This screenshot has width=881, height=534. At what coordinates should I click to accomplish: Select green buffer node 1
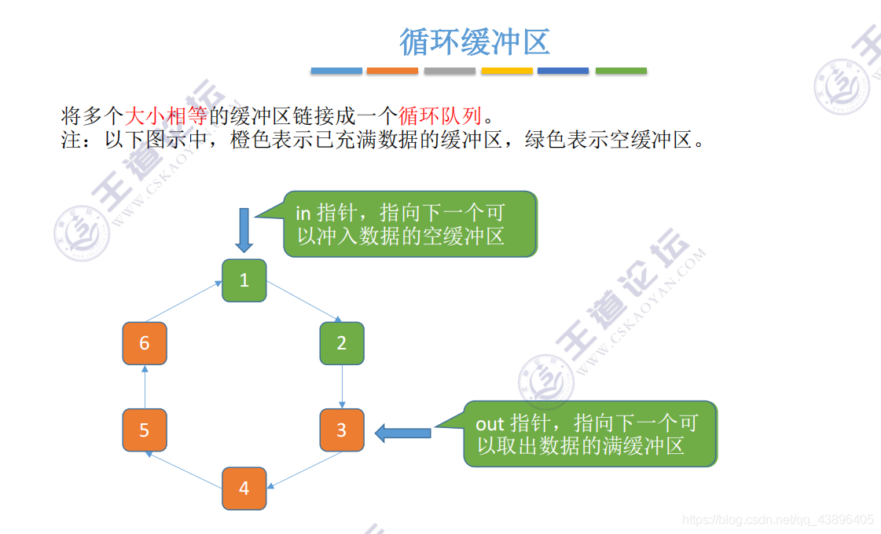(x=244, y=280)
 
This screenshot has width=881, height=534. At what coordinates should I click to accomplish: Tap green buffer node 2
(x=342, y=343)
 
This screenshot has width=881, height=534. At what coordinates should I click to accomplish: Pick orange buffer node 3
(x=342, y=430)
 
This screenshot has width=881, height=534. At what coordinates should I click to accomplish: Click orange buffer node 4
(x=244, y=488)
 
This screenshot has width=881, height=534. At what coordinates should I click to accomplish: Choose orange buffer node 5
(x=145, y=430)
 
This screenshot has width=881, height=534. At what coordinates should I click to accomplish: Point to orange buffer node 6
(x=145, y=343)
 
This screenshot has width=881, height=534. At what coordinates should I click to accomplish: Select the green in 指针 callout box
(x=409, y=225)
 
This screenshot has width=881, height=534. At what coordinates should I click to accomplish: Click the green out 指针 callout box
(x=589, y=434)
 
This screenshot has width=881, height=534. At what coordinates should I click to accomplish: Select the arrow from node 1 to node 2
(x=305, y=302)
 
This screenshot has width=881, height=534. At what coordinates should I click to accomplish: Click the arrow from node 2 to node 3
(x=342, y=386)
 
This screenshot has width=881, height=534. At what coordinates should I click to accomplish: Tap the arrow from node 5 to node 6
(x=145, y=386)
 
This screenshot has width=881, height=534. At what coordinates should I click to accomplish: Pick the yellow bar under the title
(x=507, y=71)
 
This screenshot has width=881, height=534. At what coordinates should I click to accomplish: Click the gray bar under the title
(x=450, y=71)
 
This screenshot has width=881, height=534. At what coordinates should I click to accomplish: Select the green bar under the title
(x=621, y=71)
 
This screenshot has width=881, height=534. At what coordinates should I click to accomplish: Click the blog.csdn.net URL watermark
(x=778, y=520)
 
